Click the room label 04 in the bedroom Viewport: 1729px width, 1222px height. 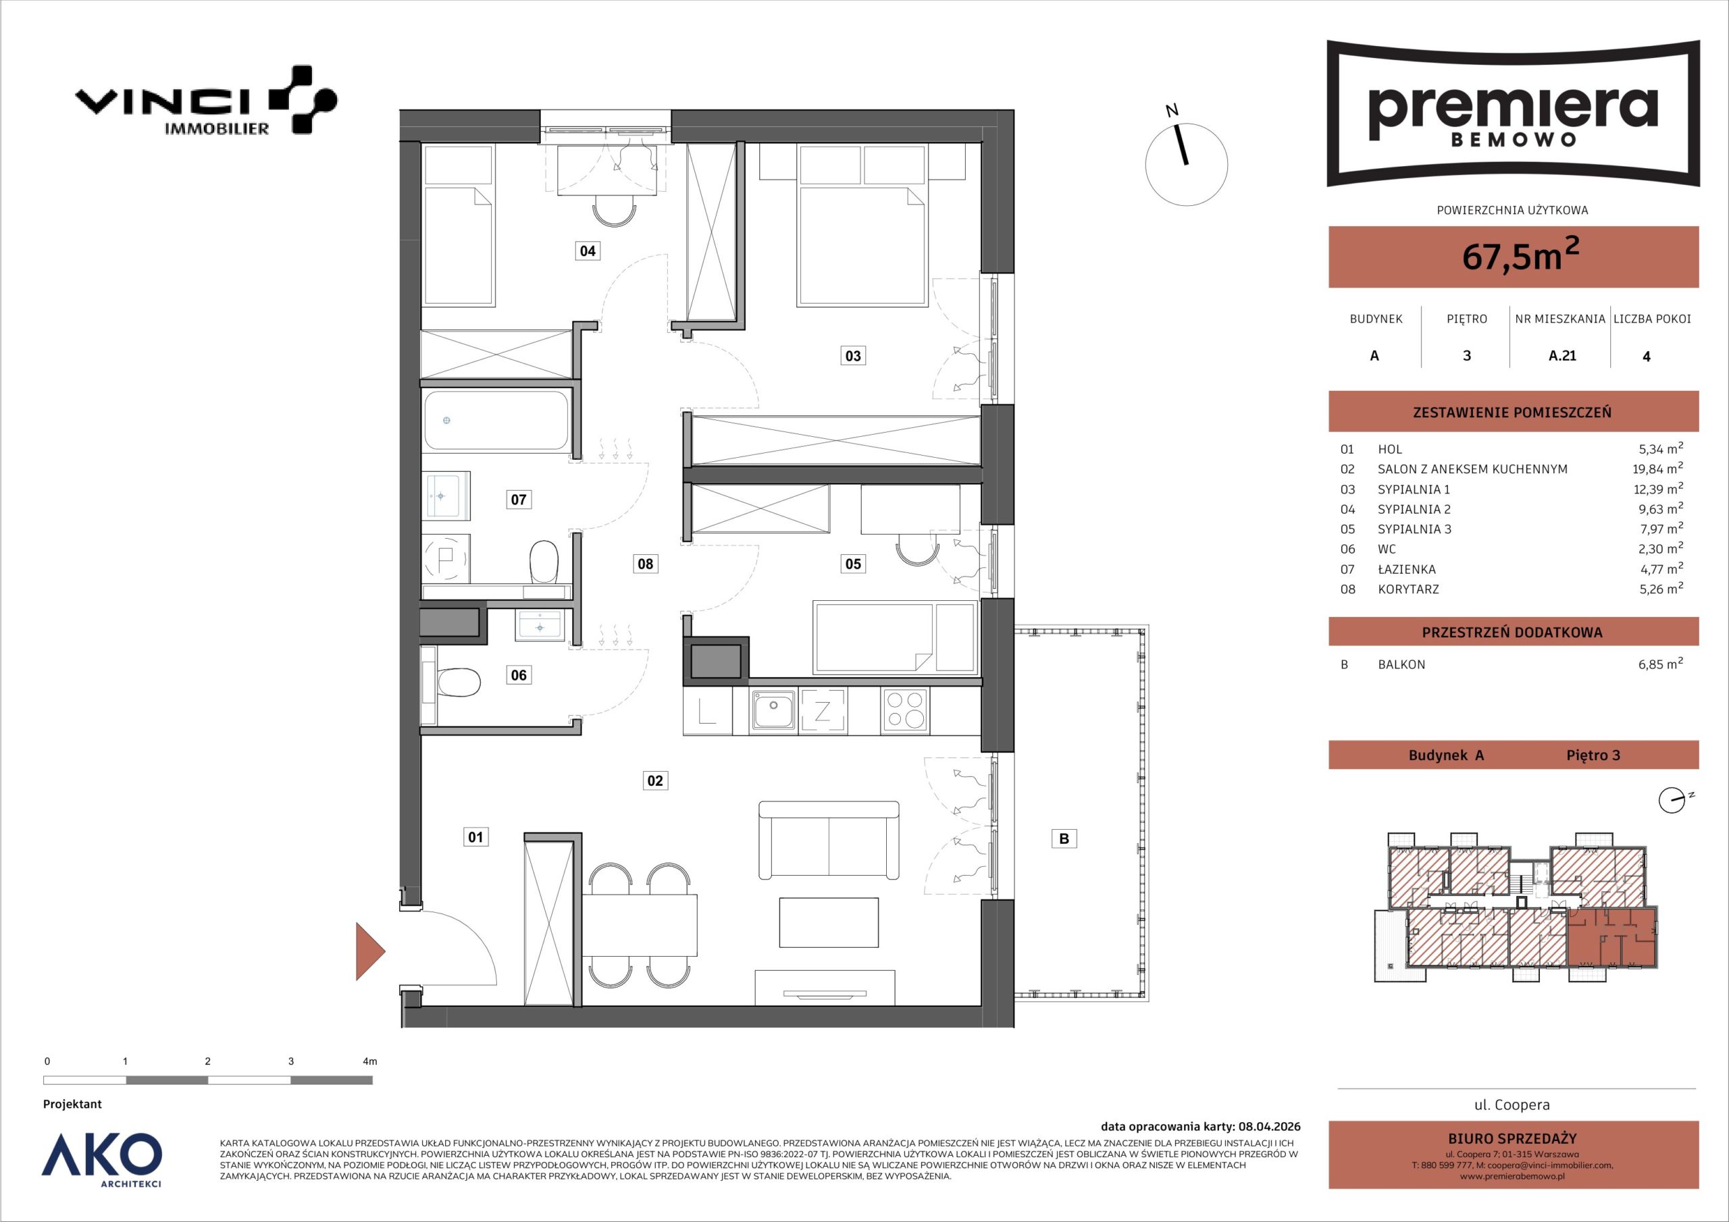(588, 250)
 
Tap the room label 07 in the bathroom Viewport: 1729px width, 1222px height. (518, 499)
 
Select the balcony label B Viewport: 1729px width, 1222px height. (1064, 838)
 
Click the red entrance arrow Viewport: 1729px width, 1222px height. (369, 952)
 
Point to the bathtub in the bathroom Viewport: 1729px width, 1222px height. (496, 420)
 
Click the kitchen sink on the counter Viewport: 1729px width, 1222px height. (772, 710)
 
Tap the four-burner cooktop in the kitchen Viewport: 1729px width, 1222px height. (904, 710)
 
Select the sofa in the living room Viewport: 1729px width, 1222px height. (828, 839)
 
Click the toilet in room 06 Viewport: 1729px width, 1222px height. (458, 685)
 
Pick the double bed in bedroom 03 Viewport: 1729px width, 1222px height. (862, 246)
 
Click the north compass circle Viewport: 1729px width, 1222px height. (1186, 164)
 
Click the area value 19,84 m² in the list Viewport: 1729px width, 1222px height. (1653, 469)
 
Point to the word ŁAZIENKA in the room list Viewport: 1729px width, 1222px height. (1407, 569)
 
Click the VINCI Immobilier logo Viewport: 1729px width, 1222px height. (205, 101)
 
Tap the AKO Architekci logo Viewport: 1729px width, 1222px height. (102, 1159)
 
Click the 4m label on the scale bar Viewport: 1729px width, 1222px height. (369, 1061)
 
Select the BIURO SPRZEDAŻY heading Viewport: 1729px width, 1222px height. (1512, 1139)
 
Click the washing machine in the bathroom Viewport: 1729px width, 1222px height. (445, 558)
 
